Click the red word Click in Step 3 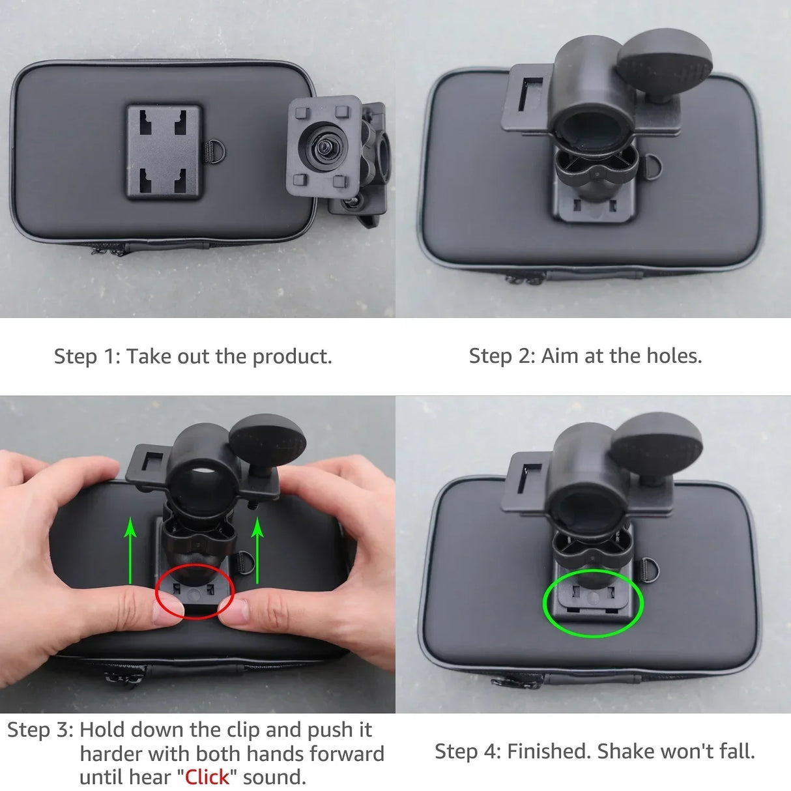coord(207,777)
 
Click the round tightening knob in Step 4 coord(657,443)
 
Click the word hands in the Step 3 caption coord(275,754)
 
